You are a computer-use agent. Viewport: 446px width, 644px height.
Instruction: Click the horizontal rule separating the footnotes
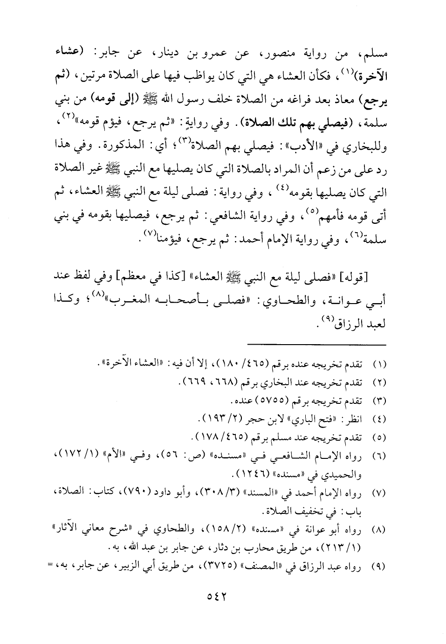317,345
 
